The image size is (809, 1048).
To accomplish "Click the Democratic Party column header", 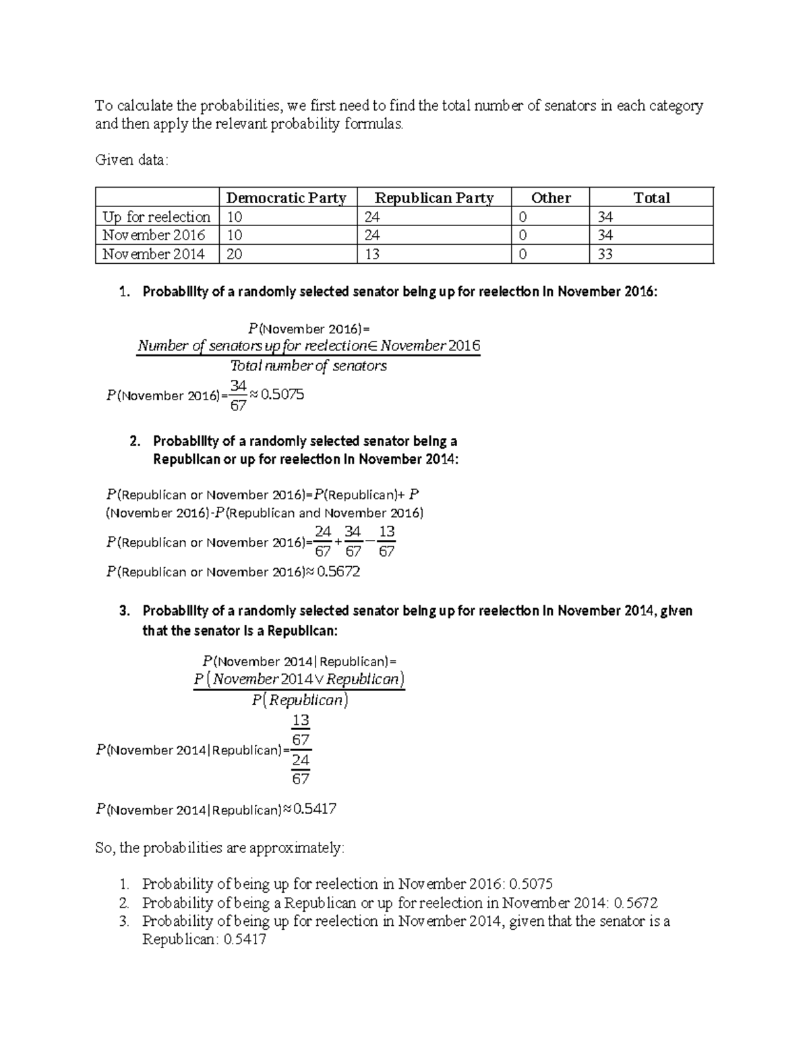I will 286,198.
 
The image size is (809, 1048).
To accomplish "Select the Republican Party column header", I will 433,198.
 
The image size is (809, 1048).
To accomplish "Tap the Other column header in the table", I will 550,198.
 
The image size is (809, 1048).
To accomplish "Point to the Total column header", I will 651,198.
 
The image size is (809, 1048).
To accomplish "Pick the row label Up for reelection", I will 156,217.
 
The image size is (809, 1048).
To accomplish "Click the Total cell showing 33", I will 605,254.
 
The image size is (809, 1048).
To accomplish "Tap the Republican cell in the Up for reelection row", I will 371,217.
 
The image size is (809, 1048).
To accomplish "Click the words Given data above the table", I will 131,161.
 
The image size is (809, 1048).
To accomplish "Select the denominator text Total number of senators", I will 309,366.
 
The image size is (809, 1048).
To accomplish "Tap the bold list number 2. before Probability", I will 135,441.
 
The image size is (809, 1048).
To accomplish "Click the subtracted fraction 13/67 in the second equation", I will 386,542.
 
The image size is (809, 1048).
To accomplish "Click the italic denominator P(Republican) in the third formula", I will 300,700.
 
